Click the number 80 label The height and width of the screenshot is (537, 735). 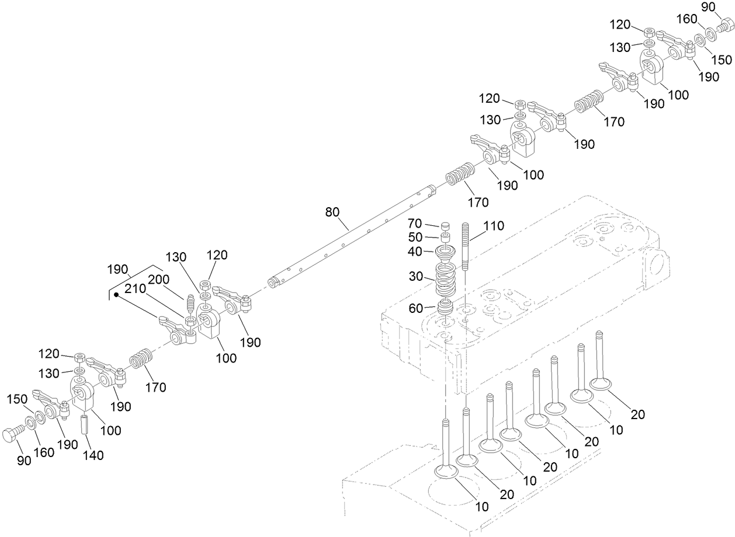pyautogui.click(x=332, y=212)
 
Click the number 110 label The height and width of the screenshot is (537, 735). pyautogui.click(x=494, y=225)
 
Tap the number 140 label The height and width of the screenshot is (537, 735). pyautogui.click(x=92, y=455)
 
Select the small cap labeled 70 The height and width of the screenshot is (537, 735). pyautogui.click(x=445, y=225)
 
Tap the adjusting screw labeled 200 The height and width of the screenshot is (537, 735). pyautogui.click(x=189, y=305)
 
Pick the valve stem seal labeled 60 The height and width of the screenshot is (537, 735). pyautogui.click(x=446, y=308)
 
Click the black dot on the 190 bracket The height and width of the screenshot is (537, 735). pyautogui.click(x=116, y=296)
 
